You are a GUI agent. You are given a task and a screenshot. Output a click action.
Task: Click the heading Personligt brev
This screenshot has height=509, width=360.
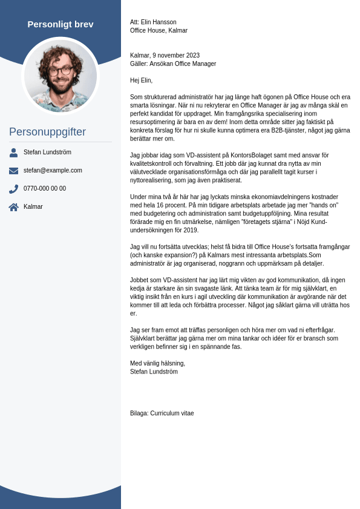pyautogui.click(x=61, y=24)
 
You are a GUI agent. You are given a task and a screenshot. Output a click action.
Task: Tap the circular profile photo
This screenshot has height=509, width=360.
pyautogui.click(x=61, y=76)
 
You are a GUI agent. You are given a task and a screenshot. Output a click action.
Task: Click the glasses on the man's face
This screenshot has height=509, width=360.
pyautogui.click(x=61, y=70)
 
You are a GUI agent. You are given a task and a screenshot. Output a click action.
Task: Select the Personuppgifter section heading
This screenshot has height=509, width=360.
pyautogui.click(x=47, y=132)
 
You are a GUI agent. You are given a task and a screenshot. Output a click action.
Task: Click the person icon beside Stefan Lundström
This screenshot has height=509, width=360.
pyautogui.click(x=13, y=153)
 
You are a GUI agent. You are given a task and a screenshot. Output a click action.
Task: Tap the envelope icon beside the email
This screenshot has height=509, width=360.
pyautogui.click(x=13, y=171)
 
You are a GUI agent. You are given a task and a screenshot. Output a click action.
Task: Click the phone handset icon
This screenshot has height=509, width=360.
pyautogui.click(x=13, y=189)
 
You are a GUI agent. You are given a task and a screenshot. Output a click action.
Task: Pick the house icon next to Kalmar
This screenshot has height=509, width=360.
pyautogui.click(x=13, y=207)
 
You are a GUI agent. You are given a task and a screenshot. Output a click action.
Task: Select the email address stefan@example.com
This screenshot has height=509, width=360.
pyautogui.click(x=53, y=171)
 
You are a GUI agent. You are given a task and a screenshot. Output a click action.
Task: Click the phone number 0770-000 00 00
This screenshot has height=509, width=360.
pyautogui.click(x=45, y=189)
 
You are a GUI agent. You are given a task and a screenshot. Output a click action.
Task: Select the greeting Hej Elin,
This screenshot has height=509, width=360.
pyautogui.click(x=141, y=80)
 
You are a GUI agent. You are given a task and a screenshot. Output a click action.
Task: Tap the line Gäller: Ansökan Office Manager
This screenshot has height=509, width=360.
pyautogui.click(x=173, y=64)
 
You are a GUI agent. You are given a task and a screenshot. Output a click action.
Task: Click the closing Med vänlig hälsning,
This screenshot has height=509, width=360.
pyautogui.click(x=157, y=364)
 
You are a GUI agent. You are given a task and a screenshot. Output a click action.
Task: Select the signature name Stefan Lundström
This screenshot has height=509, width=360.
pyautogui.click(x=154, y=372)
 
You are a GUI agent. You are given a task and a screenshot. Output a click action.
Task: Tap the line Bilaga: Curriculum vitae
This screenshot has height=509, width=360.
pyautogui.click(x=162, y=413)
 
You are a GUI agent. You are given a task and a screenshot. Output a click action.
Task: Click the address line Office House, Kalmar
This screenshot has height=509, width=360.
pyautogui.click(x=159, y=31)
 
